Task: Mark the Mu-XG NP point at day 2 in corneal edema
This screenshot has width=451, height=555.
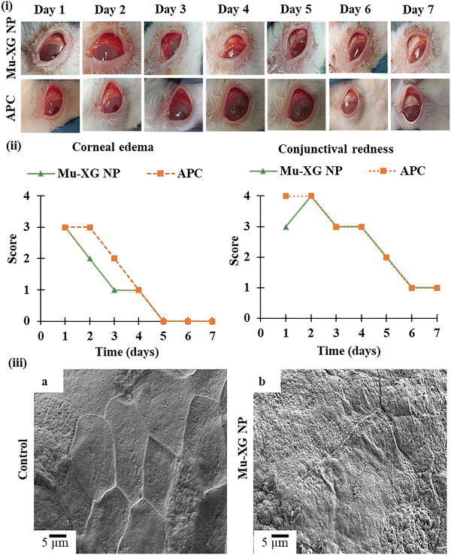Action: point(89,258)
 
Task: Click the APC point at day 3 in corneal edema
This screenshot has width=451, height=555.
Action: point(114,258)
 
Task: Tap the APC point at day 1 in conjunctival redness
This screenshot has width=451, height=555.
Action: point(285,196)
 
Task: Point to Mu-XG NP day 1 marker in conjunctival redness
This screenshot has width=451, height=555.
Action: point(285,226)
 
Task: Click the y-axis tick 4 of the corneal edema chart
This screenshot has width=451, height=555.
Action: point(28,196)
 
